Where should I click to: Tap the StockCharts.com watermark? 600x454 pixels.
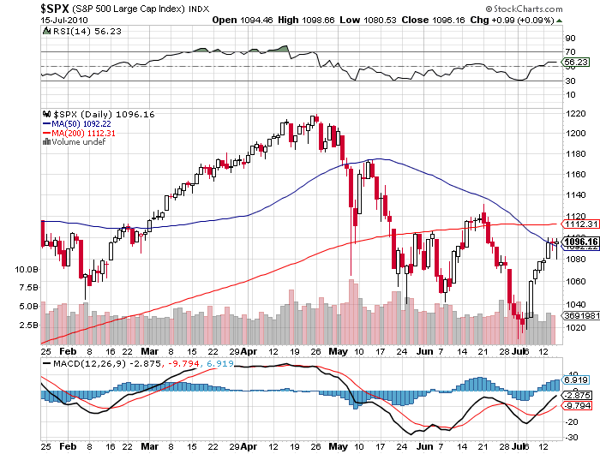pos(549,7)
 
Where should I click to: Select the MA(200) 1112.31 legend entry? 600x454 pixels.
pos(82,133)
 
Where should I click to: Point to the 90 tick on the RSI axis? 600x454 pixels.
pos(568,39)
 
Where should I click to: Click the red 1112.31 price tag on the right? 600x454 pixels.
pos(575,224)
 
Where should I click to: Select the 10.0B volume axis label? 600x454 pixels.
pos(26,268)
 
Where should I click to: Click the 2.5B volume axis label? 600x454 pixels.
pos(26,326)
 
